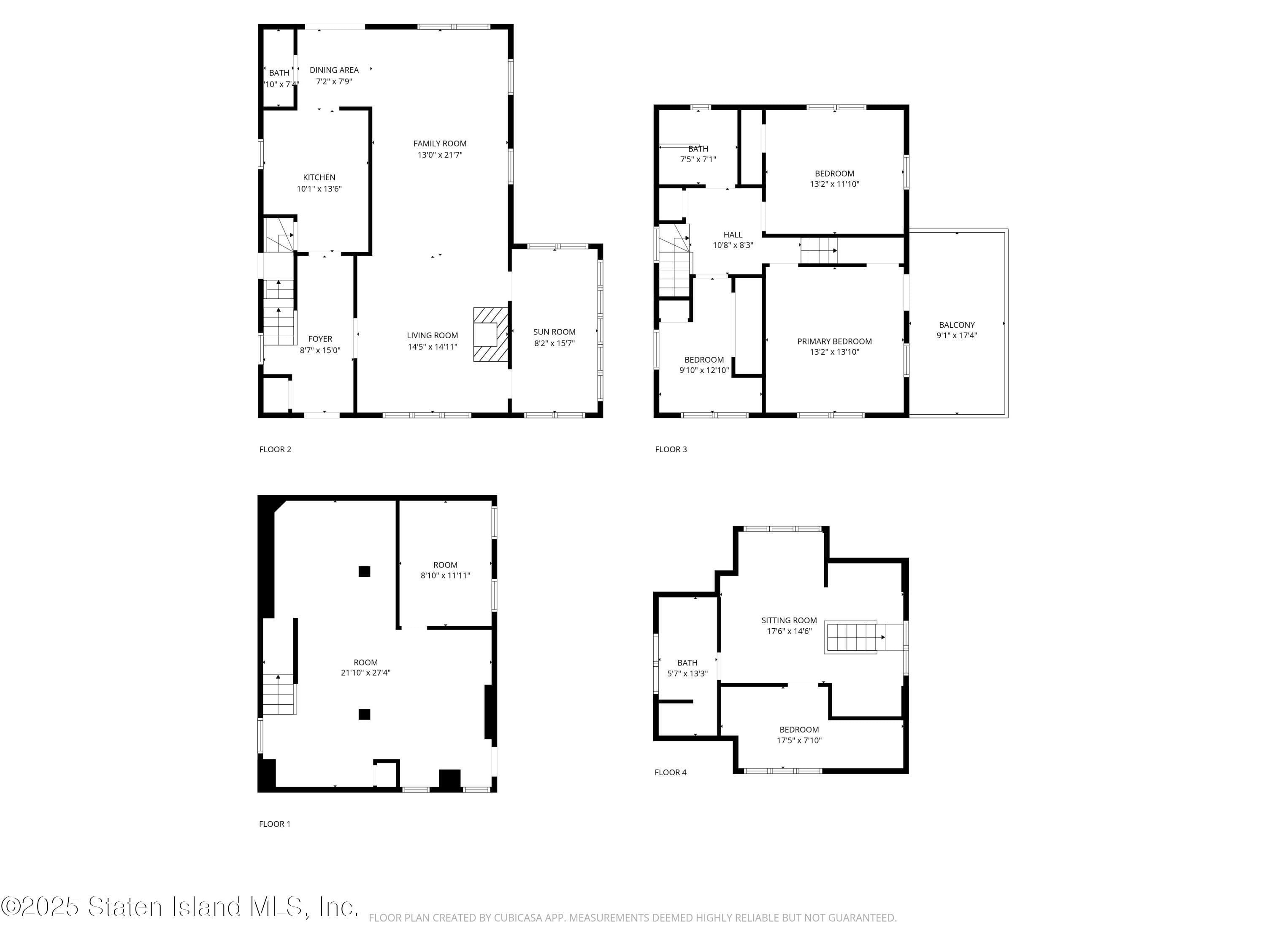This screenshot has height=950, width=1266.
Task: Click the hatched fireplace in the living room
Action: click(490, 334)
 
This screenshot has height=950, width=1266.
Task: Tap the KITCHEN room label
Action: click(319, 177)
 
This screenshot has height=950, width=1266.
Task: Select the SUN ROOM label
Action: click(554, 332)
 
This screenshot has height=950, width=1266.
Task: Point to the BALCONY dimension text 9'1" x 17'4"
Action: click(956, 336)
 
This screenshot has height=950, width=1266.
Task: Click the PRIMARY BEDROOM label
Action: click(834, 341)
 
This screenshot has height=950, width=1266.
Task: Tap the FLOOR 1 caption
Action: click(275, 824)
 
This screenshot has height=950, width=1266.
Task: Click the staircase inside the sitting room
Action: click(851, 637)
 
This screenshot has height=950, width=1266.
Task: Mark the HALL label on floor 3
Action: click(733, 235)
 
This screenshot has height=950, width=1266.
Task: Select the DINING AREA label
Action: click(334, 70)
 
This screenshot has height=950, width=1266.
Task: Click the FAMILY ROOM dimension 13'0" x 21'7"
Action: click(440, 155)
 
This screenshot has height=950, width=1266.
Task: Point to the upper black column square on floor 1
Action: click(364, 572)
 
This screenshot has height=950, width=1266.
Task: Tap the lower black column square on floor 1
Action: click(364, 714)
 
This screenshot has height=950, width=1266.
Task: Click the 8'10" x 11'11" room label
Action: click(445, 575)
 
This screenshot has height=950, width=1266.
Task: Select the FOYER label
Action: click(320, 339)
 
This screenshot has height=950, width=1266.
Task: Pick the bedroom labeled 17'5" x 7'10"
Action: click(799, 735)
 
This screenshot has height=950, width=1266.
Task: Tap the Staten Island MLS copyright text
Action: click(180, 907)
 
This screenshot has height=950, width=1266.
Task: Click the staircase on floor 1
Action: click(279, 694)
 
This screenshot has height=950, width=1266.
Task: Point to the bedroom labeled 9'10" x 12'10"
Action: click(704, 365)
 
